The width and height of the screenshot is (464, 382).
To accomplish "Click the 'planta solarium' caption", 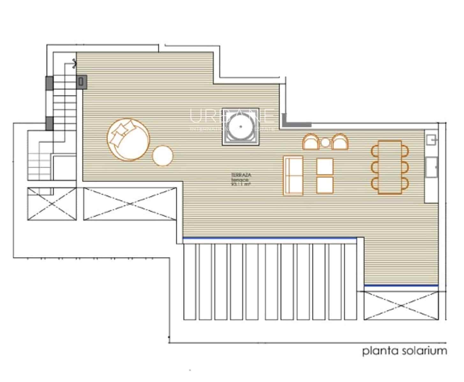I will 404,351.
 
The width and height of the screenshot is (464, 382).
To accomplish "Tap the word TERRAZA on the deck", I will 241,175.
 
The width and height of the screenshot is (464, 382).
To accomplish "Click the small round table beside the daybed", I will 163,156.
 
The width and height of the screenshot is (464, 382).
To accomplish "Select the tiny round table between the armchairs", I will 325,143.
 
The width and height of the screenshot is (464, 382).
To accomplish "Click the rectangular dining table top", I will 390,167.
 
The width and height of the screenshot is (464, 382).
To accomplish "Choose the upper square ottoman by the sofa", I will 325,166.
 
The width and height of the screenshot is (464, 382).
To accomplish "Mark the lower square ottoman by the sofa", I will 325,185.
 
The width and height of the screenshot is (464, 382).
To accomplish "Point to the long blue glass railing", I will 269,238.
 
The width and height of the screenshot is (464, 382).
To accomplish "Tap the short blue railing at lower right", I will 401,286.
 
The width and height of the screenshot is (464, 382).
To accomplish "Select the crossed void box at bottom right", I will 401,305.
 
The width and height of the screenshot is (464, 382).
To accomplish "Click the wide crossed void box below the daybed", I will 129,204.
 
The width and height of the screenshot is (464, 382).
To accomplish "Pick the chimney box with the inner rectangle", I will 82,81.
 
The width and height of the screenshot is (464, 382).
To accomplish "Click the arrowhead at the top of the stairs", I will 74,64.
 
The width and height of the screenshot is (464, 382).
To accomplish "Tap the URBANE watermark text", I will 232,116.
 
